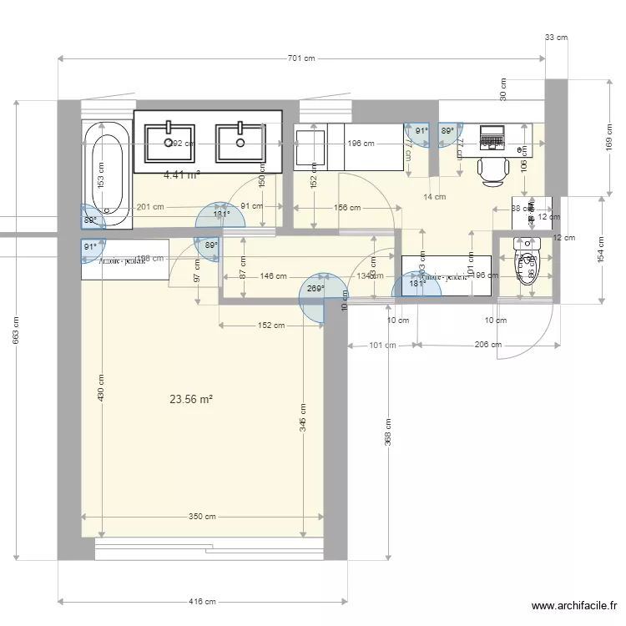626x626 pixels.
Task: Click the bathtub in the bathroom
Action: tap(107, 174)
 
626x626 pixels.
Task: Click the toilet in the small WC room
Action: tap(528, 265)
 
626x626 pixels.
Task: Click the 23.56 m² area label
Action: tap(191, 399)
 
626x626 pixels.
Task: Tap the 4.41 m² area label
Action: tap(182, 175)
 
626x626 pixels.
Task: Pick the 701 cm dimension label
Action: tap(301, 58)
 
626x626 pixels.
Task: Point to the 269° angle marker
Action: tap(316, 289)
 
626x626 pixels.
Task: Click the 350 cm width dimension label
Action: tap(202, 517)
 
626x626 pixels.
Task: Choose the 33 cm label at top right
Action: tap(555, 38)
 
